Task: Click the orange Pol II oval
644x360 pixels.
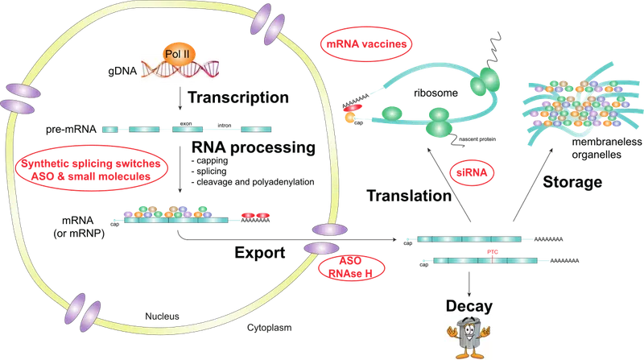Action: [180, 59]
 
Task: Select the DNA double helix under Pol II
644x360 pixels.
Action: [179, 75]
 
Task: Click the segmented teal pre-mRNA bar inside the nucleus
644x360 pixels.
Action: [184, 128]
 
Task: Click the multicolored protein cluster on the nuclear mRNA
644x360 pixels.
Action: [170, 213]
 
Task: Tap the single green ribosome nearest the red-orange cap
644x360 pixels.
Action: [391, 113]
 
